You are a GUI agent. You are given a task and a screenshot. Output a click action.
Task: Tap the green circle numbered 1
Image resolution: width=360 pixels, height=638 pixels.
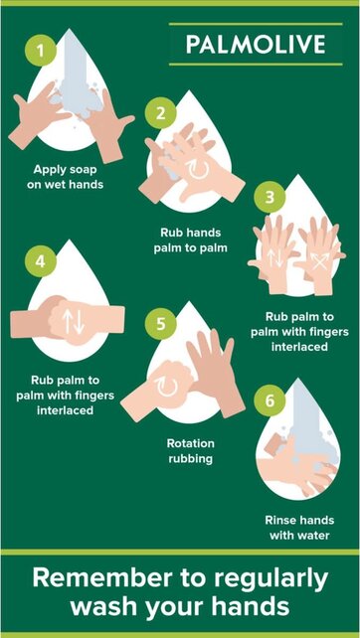pos(41,48)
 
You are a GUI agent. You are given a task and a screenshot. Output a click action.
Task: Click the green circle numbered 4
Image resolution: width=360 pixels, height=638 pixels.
pos(41,262)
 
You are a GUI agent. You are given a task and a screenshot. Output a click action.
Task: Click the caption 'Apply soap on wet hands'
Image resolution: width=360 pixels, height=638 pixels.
pos(68,176)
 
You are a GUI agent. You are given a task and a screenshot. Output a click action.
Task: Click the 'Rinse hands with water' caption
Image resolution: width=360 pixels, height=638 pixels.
pos(298,528)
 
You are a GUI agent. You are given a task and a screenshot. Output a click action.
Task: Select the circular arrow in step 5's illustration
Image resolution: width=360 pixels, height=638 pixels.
pos(164,385)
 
